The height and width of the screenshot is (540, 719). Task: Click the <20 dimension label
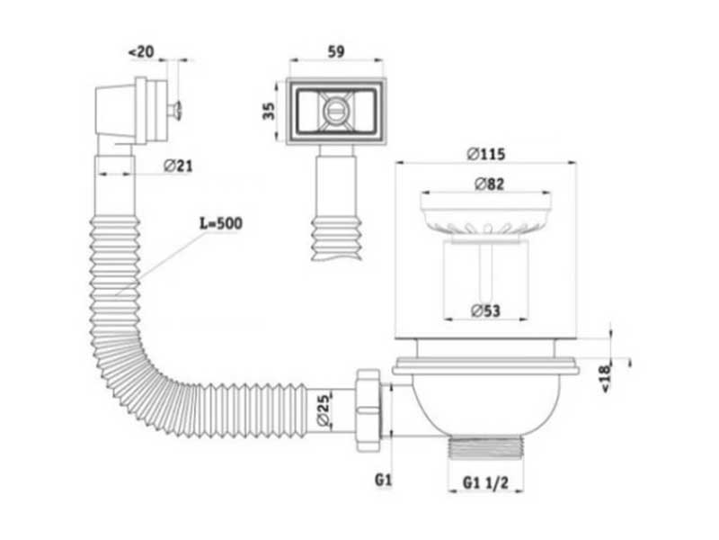(141, 52)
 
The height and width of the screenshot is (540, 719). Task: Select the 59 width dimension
(335, 51)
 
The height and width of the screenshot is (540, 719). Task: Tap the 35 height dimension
(269, 111)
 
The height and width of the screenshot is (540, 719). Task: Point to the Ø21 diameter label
(178, 166)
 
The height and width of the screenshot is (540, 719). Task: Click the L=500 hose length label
(221, 223)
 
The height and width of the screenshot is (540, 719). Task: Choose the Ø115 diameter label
(486, 154)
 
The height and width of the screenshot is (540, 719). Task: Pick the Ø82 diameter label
(489, 184)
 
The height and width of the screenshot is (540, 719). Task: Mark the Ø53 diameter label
(485, 310)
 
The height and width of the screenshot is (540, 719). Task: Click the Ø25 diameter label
(324, 409)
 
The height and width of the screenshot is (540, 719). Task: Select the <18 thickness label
(606, 378)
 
